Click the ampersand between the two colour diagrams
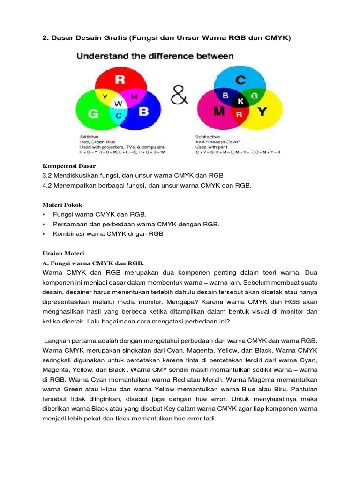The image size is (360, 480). click(x=180, y=97)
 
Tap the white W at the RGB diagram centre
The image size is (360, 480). click(x=119, y=103)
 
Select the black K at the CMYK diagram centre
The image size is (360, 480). click(x=241, y=101)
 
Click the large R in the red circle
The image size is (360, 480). click(x=120, y=80)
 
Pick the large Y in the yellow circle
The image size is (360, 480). click(x=263, y=112)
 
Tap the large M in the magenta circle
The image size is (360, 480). click(x=219, y=111)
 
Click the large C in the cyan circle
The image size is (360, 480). click(x=240, y=80)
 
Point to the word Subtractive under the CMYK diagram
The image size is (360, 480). click(x=208, y=137)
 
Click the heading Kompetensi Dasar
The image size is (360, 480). click(x=69, y=166)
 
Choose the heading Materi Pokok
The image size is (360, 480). click(x=62, y=205)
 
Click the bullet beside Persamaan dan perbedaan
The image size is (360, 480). click(x=43, y=224)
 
